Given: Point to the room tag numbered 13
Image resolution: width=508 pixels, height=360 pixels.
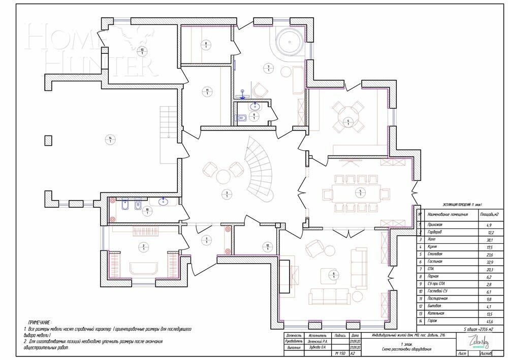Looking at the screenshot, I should point(142,50).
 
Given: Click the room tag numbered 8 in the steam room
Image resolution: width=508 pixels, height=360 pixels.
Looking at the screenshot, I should point(206,45).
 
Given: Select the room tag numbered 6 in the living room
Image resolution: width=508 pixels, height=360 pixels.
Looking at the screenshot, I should point(333,275).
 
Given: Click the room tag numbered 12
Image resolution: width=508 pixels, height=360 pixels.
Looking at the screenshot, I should point(268,247).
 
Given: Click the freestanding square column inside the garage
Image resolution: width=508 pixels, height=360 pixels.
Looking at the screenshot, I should point(48,140).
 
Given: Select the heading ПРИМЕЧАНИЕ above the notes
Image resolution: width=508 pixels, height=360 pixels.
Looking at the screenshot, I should point(39,322).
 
